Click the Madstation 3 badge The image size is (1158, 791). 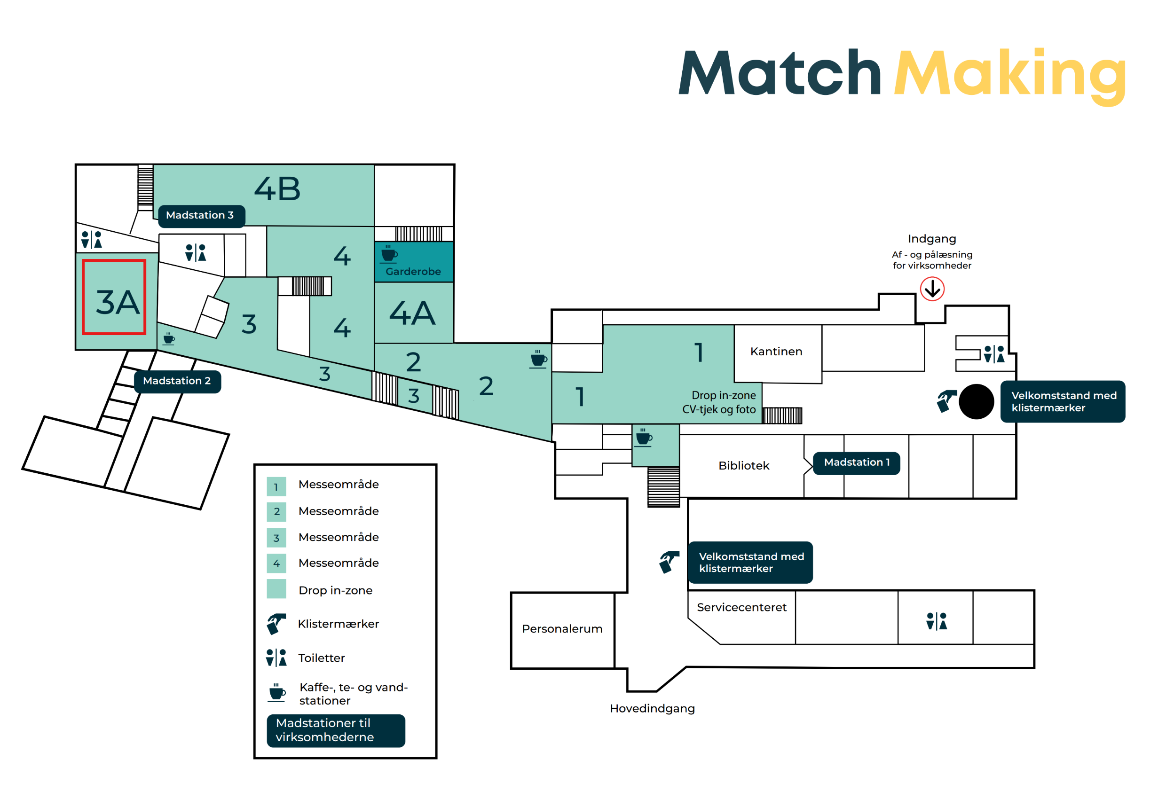coord(202,217)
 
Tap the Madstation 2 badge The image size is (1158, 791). coord(177,382)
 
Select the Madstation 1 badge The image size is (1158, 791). coord(857,463)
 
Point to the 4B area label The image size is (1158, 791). coord(277,189)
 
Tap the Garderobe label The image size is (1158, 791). coord(413,272)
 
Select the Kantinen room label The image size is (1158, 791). coord(776,352)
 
